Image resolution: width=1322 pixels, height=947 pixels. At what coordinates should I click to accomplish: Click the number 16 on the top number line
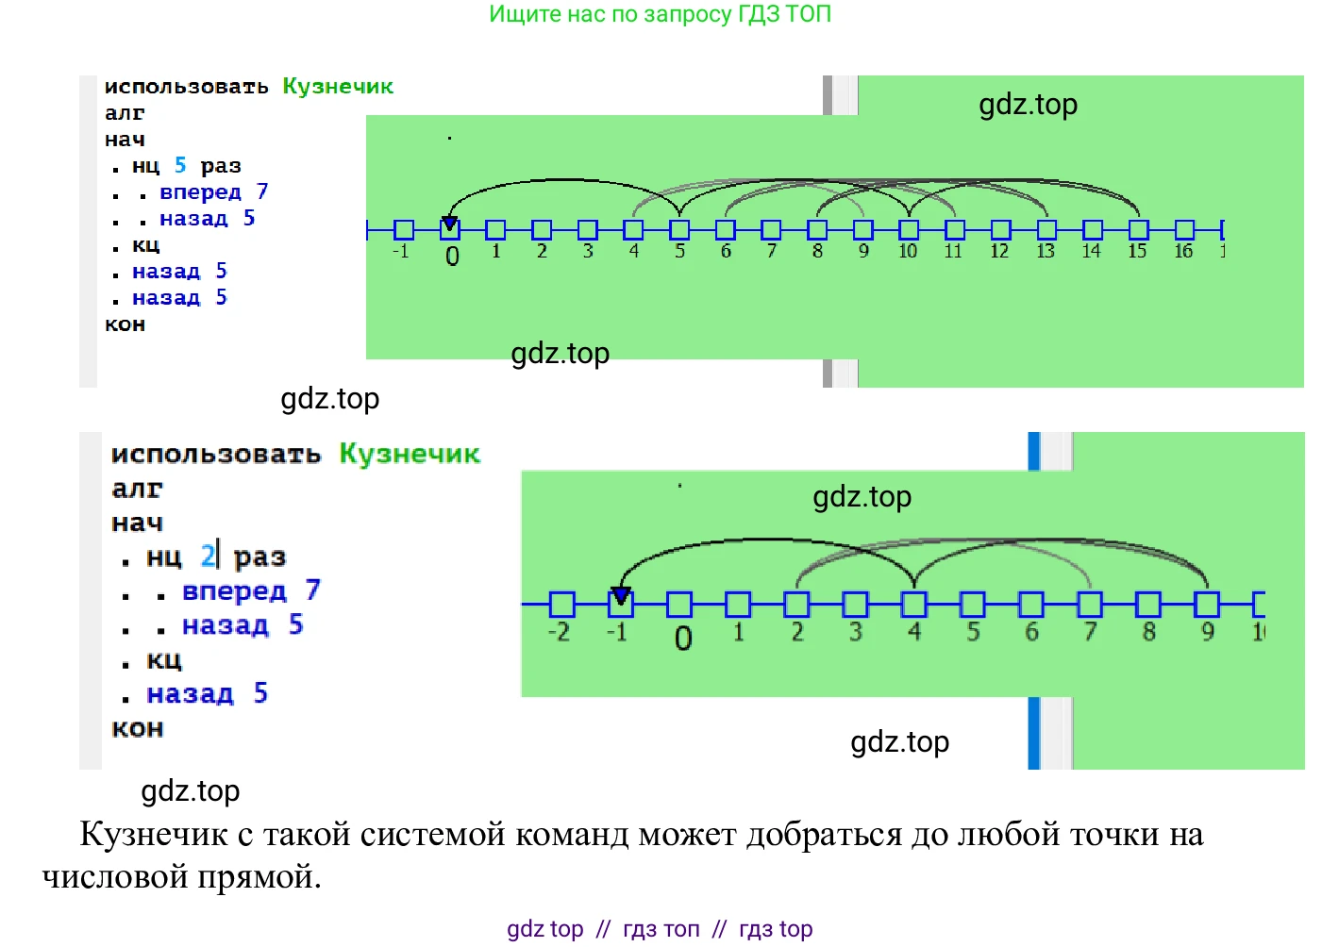1182,251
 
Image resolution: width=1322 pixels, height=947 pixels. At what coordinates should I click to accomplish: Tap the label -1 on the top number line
401,251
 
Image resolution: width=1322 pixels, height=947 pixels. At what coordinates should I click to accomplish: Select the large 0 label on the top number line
452,256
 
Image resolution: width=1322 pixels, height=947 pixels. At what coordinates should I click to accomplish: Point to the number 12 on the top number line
999,251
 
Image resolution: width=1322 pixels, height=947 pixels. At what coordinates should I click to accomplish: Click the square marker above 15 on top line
1139,229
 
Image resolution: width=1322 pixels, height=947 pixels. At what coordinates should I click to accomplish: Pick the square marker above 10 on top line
909,229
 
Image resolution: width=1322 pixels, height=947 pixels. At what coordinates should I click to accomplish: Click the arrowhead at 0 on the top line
450,224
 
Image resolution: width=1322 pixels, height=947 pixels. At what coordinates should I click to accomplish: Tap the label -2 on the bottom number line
559,631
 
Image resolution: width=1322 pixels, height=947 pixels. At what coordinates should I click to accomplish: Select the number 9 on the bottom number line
1207,631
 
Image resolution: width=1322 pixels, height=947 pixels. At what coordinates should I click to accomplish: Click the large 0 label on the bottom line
683,639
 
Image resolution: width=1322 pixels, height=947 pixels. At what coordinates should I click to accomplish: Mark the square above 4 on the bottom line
913,604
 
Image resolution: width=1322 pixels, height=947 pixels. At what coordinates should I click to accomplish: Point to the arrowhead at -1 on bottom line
620,595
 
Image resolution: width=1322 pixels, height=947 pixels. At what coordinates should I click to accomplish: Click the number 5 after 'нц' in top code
180,165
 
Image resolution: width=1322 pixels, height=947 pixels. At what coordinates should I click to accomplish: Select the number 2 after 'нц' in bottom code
208,556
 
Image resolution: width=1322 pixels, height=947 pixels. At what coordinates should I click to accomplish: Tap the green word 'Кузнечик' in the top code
338,86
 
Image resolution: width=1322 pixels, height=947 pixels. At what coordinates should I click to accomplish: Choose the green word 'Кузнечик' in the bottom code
410,454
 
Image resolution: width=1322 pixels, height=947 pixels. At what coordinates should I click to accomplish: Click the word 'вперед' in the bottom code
234,591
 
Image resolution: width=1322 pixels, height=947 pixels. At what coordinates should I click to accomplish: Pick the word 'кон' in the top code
125,324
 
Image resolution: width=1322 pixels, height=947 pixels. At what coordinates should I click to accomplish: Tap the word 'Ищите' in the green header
515,14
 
